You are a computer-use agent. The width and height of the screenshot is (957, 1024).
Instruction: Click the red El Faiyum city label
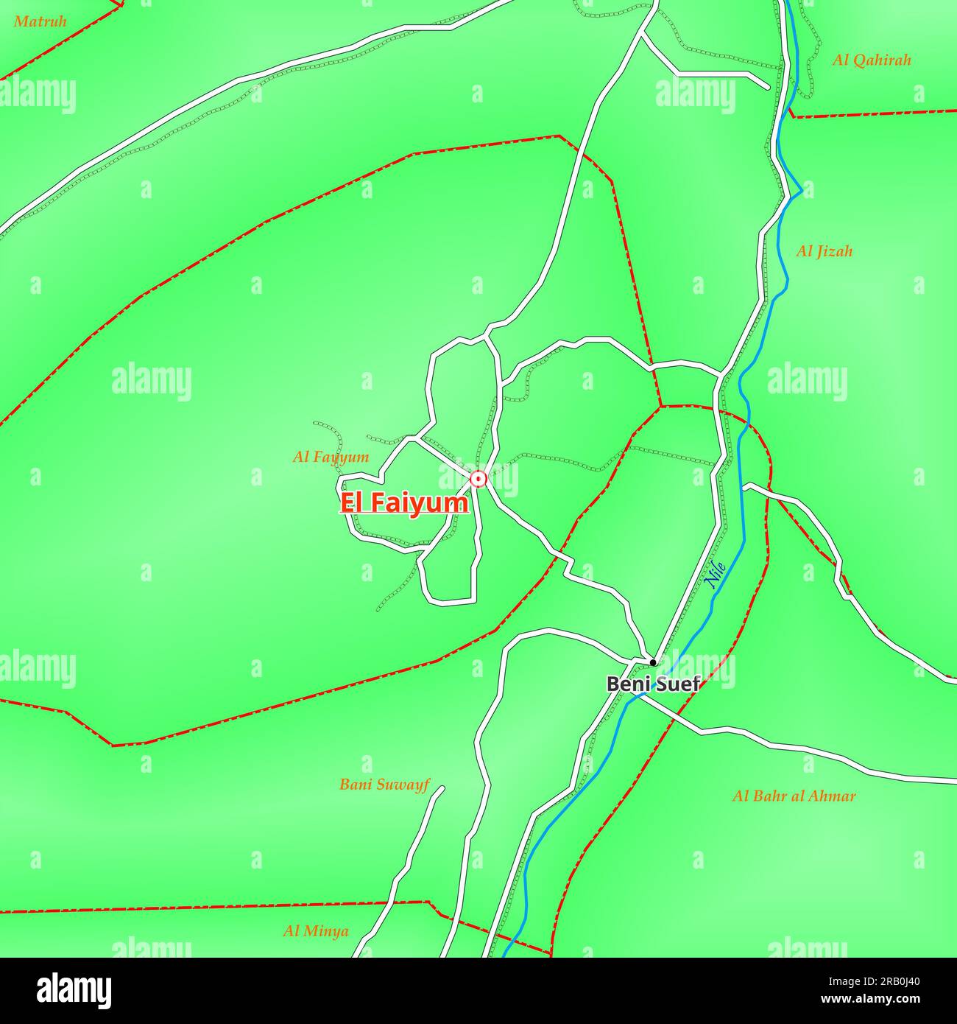(x=403, y=503)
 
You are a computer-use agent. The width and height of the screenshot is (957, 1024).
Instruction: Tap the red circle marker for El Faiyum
(x=478, y=480)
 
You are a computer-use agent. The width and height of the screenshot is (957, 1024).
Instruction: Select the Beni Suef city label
(x=652, y=684)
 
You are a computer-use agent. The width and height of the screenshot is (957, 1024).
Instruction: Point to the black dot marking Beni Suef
(x=652, y=662)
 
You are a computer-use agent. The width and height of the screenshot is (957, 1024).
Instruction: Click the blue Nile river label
(x=716, y=575)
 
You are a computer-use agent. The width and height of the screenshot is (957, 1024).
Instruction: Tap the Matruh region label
(x=40, y=21)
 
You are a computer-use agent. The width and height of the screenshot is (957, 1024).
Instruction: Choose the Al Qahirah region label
(x=872, y=60)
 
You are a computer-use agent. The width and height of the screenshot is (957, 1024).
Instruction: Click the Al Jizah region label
(x=824, y=251)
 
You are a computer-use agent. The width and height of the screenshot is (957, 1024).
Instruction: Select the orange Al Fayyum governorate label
(x=331, y=457)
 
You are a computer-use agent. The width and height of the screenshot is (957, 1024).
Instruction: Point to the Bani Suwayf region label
(x=384, y=785)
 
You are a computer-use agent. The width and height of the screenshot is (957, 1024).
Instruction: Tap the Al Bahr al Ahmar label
(x=794, y=796)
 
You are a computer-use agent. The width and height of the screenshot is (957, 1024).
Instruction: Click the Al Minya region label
(x=316, y=931)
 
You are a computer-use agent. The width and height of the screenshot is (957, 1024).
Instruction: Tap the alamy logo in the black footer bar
(x=74, y=991)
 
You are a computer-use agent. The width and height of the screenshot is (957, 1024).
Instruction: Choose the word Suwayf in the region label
(x=403, y=785)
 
